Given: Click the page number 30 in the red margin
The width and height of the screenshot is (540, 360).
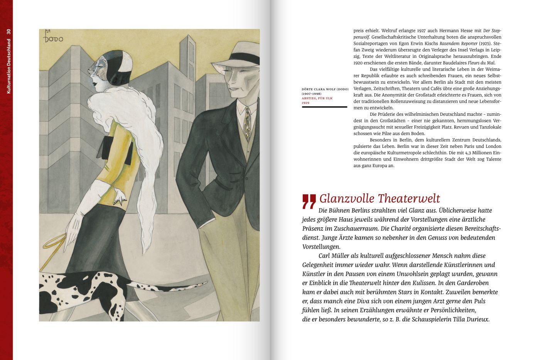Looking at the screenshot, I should pos(8,33).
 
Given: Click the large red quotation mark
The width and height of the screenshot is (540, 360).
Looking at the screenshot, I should pos(309,201).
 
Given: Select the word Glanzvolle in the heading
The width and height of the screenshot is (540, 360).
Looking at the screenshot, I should pos(347,198).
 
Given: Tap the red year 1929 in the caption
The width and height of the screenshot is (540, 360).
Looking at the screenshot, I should pos(305,103).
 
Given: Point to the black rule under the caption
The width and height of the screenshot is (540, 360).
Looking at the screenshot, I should pos(324,107).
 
